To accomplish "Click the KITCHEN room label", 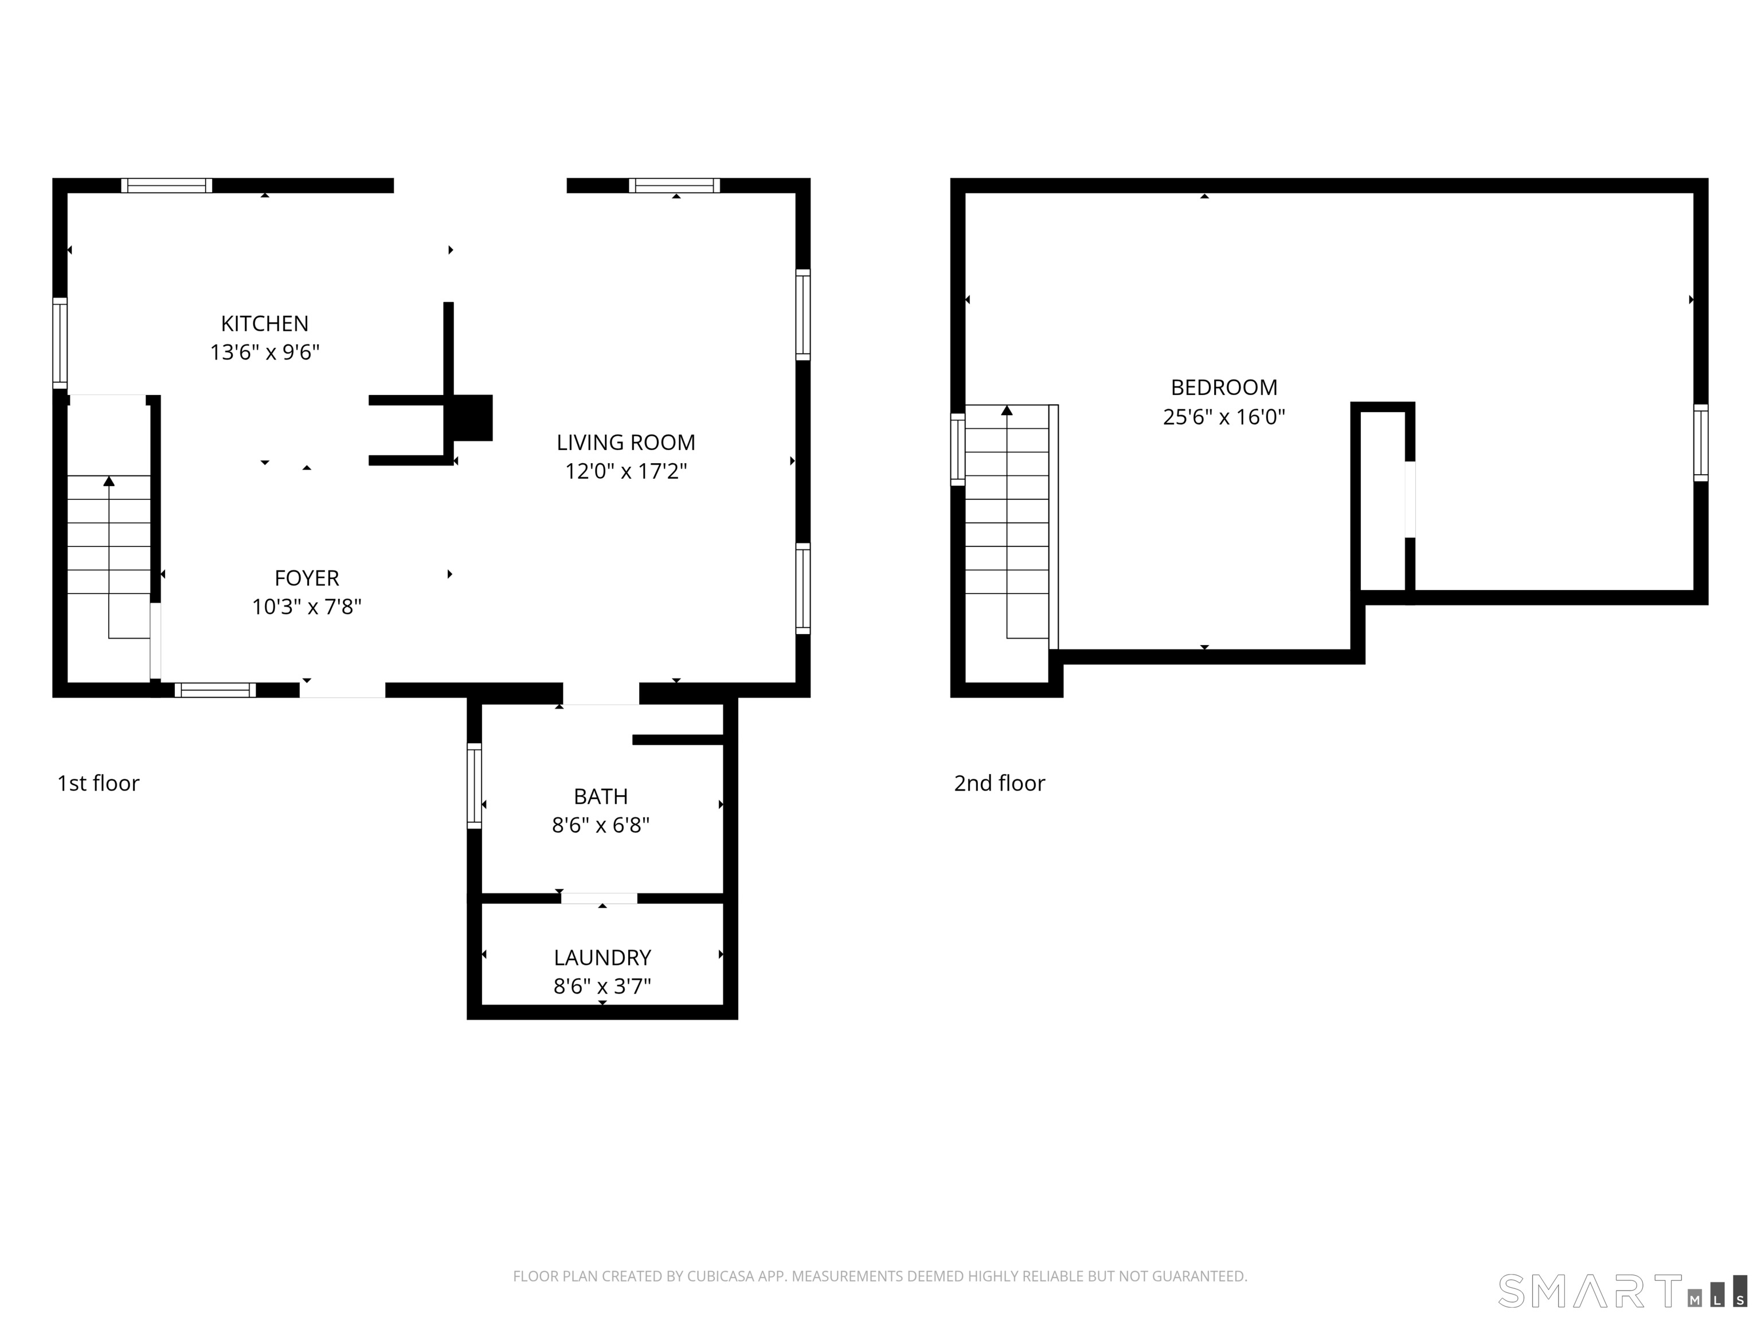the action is coord(264,323).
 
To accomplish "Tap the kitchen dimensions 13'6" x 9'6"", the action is coord(264,352).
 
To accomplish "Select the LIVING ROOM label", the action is coord(626,442).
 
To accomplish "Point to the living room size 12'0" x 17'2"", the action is coord(626,471).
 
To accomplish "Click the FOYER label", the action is coord(307,578).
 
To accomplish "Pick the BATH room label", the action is coord(601,796).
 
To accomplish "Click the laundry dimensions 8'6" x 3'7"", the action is coord(602,987).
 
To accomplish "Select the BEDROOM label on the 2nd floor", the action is coord(1224,388).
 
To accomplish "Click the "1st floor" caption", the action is coord(98,784).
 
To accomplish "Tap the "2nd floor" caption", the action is coord(999,784).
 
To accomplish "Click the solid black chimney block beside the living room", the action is coord(473,417).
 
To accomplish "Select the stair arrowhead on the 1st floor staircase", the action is coord(109,481).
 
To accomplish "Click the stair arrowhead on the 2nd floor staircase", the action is coord(1007,410).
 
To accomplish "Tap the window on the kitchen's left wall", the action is coord(60,343).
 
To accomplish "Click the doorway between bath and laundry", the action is coord(600,899).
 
